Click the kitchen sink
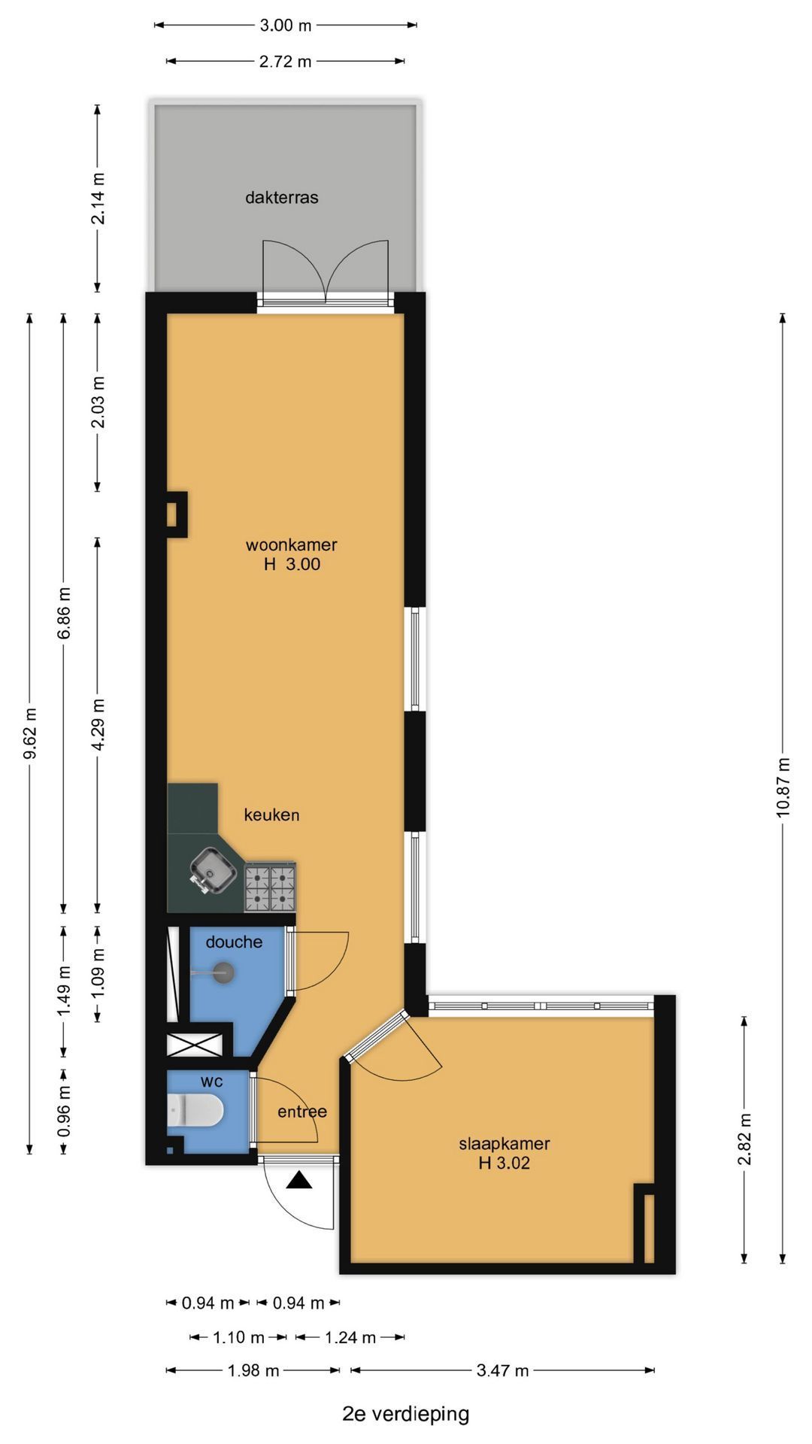click(213, 871)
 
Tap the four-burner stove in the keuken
click(270, 887)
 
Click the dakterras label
click(282, 198)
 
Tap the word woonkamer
click(292, 545)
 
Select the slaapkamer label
click(504, 1144)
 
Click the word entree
click(302, 1112)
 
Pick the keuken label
click(271, 815)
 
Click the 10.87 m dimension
click(783, 787)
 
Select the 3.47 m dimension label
click(503, 1370)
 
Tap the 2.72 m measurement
click(286, 62)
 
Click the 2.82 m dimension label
click(744, 1139)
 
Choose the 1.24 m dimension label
click(350, 1337)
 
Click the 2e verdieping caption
click(406, 1415)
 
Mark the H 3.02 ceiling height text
click(504, 1163)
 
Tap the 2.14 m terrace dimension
click(98, 198)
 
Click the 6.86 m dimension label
click(64, 612)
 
